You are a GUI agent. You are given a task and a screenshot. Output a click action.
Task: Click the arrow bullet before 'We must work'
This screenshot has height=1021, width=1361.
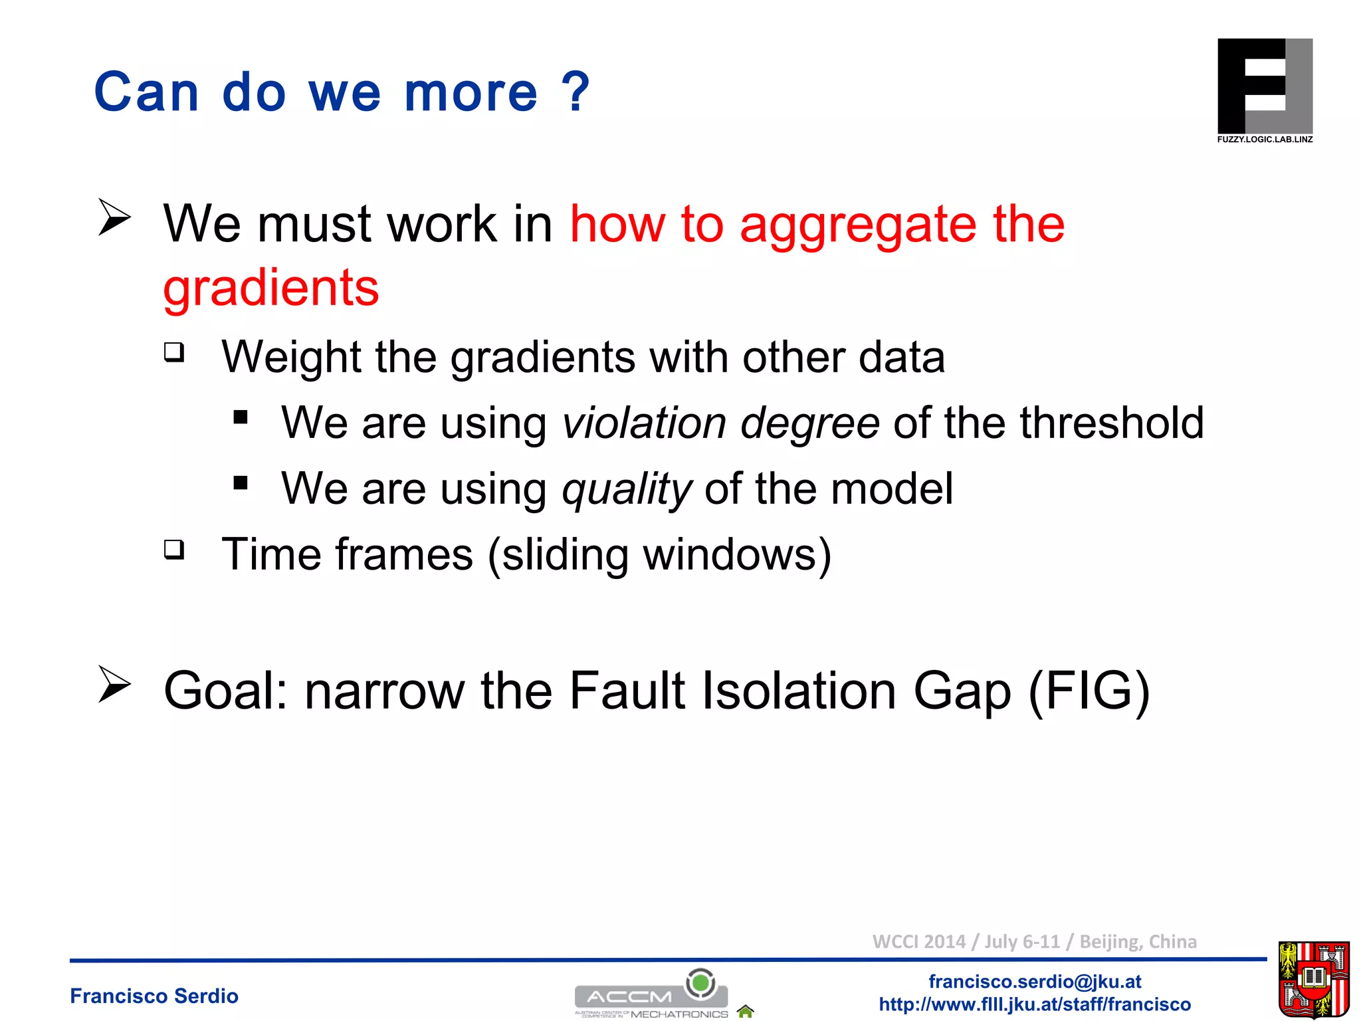tap(114, 217)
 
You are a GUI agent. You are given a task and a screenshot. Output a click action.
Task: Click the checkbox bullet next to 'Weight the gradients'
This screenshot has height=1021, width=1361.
tap(174, 352)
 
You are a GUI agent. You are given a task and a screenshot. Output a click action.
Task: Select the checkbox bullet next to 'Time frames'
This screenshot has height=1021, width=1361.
tap(174, 549)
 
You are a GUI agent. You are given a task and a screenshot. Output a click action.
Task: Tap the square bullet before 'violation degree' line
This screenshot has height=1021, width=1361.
tap(241, 417)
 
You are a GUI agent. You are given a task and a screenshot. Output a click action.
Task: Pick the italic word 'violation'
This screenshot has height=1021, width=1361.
tap(644, 423)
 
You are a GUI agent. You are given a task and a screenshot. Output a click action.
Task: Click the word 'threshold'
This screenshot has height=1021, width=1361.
tap(1111, 423)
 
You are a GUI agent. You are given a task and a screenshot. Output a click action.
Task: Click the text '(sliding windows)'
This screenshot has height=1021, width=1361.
tap(659, 554)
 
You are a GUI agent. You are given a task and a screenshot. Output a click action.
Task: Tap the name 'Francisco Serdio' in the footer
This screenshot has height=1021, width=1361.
tap(154, 996)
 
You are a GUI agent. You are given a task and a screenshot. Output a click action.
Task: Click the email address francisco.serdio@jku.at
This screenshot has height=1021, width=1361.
tap(1035, 981)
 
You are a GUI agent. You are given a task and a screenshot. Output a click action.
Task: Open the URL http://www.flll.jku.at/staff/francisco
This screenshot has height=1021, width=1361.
tap(1035, 1004)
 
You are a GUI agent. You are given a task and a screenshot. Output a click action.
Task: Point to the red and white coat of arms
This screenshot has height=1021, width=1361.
tap(1313, 978)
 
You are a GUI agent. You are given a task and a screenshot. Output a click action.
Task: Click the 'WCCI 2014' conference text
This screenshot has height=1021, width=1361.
tap(918, 941)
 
